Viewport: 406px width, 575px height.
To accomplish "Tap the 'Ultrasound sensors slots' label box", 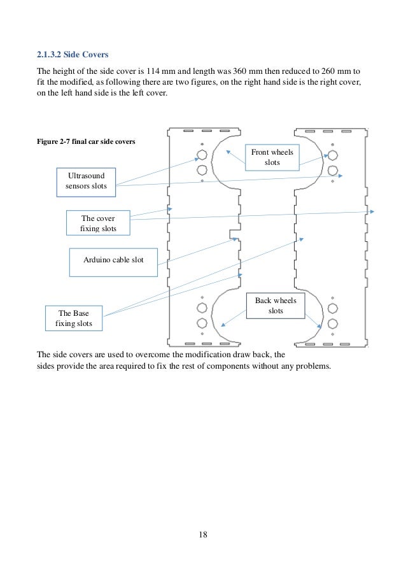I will point(86,180).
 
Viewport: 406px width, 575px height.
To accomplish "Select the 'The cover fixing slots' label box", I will point(98,222).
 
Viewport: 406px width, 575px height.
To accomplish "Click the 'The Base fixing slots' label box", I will point(73,318).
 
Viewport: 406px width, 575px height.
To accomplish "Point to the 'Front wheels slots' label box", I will point(272,157).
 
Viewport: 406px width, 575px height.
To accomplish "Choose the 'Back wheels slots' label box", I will point(276,305).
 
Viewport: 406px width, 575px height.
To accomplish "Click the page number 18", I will point(203,534).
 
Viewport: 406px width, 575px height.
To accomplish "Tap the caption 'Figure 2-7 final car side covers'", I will point(85,141).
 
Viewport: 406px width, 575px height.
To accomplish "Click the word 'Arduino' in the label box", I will point(98,260).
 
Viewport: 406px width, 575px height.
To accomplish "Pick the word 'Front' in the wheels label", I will point(262,152).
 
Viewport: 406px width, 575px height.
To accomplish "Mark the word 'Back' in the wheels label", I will point(265,300).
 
